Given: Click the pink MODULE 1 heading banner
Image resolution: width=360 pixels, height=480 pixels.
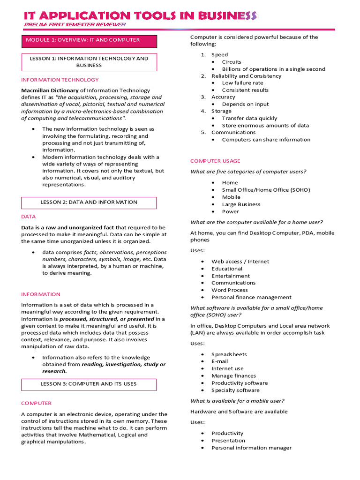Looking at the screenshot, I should [89, 41].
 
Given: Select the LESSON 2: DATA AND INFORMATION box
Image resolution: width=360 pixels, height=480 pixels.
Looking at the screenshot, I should [89, 202].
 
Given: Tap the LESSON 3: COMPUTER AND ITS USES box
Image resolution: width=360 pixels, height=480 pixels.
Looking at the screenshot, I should [89, 384].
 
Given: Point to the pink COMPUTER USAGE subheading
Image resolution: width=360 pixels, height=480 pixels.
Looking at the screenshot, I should [215, 161].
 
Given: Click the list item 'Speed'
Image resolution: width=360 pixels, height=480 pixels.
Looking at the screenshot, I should [219, 55].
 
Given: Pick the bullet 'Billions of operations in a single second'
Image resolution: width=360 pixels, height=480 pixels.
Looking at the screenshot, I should [273, 69].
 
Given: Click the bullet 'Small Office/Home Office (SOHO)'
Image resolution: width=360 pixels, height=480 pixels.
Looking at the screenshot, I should [266, 190].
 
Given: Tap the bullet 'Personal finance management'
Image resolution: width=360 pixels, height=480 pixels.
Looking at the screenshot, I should [251, 297].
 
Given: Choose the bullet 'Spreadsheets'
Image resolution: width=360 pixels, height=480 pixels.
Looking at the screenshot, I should [229, 354].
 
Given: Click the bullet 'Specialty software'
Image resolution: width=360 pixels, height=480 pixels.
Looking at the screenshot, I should [235, 390].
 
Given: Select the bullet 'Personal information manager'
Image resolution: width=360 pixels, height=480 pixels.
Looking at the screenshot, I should [251, 448].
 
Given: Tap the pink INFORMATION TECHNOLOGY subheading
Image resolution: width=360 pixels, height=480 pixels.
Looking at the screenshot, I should [60, 80].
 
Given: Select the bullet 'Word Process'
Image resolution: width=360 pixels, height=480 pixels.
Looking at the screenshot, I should [229, 290].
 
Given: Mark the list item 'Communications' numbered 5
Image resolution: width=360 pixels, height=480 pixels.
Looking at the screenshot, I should [233, 132].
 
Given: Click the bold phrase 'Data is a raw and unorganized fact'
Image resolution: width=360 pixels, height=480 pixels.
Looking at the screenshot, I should [67, 227].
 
